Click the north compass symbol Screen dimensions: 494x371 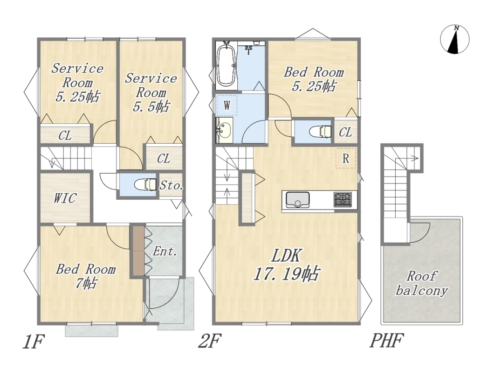[454, 39]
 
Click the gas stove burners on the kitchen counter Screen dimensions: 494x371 [343, 200]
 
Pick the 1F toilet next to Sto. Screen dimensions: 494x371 [145, 184]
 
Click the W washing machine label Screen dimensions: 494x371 [227, 105]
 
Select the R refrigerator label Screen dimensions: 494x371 [346, 159]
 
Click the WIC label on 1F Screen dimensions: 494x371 [65, 198]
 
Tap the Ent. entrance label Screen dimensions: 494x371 [165, 252]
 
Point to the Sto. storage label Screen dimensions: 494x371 [171, 185]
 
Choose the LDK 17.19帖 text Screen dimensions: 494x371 [287, 265]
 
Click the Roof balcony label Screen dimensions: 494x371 [422, 283]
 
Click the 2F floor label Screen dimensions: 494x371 [210, 341]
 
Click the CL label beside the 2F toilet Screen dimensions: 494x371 [345, 133]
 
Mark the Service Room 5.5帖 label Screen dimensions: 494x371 [151, 92]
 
